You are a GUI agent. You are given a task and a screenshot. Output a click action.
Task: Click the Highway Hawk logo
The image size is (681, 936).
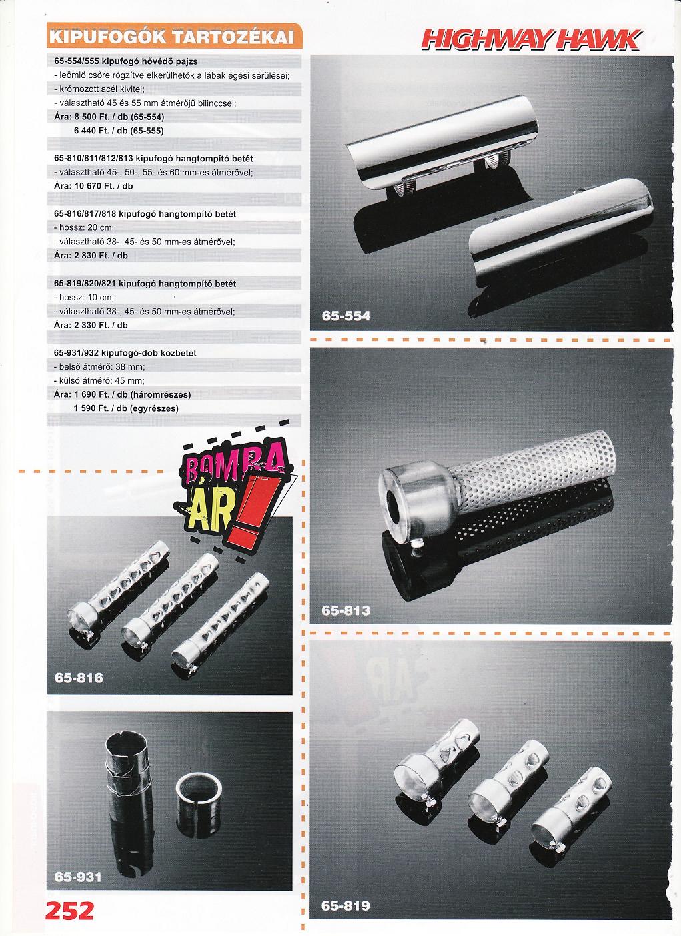pos(531,41)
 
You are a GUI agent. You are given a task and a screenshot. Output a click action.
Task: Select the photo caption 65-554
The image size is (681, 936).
pos(346,316)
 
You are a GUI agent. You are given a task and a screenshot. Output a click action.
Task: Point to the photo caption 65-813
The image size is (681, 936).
pos(346,611)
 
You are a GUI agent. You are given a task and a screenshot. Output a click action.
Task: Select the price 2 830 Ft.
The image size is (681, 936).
pos(90,256)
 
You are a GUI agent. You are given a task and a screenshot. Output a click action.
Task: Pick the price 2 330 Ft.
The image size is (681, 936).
pos(90,325)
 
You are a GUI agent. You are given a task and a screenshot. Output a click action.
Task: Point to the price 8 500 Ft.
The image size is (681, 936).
pos(90,117)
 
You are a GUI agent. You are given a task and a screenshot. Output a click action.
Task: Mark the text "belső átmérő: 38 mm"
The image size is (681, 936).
pos(102,367)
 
